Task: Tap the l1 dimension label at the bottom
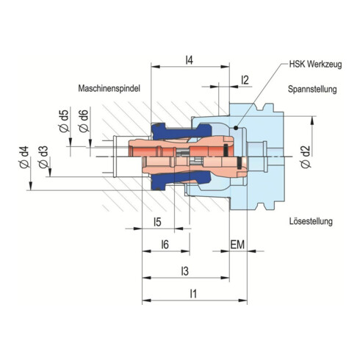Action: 193,293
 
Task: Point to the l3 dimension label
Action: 184,271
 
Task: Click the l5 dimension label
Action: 156,222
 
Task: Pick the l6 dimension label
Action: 165,244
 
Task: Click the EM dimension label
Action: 239,244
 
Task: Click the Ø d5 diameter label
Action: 63,120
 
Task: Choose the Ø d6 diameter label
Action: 84,120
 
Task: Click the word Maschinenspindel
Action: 109,87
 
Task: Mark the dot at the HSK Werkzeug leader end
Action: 235,128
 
